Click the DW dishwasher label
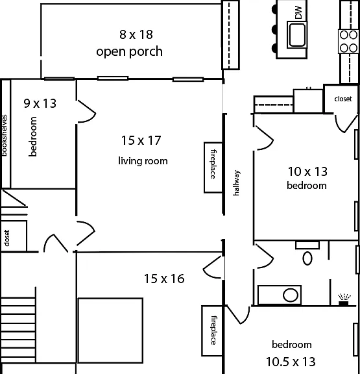(x=298, y=12)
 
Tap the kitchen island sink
(x=297, y=34)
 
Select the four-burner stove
(x=349, y=42)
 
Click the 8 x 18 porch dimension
(x=136, y=34)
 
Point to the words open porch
(x=129, y=51)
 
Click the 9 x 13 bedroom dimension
(x=40, y=103)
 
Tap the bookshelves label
(x=5, y=136)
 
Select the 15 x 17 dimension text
(x=141, y=140)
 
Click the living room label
(x=143, y=161)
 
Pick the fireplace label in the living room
(x=213, y=164)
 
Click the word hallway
(x=236, y=183)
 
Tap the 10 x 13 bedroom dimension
(x=307, y=171)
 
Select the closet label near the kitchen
(x=343, y=99)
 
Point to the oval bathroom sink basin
(x=291, y=295)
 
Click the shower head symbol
(x=344, y=300)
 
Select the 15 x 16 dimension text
(x=164, y=279)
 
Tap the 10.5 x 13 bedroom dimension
(x=291, y=362)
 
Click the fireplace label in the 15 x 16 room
(x=213, y=330)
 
